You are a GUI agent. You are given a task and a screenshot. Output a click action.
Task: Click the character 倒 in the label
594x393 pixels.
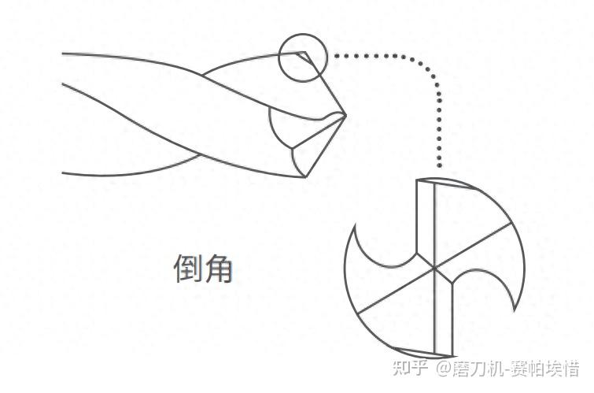187,269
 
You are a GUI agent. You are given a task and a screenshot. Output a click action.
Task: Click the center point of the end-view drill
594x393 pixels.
434,268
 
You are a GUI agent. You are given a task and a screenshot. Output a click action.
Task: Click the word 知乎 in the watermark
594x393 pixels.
411,368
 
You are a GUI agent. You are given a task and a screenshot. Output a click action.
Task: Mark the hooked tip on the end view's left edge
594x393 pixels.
357,227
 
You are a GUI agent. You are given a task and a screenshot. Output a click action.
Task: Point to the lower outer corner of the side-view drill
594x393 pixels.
305,176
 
